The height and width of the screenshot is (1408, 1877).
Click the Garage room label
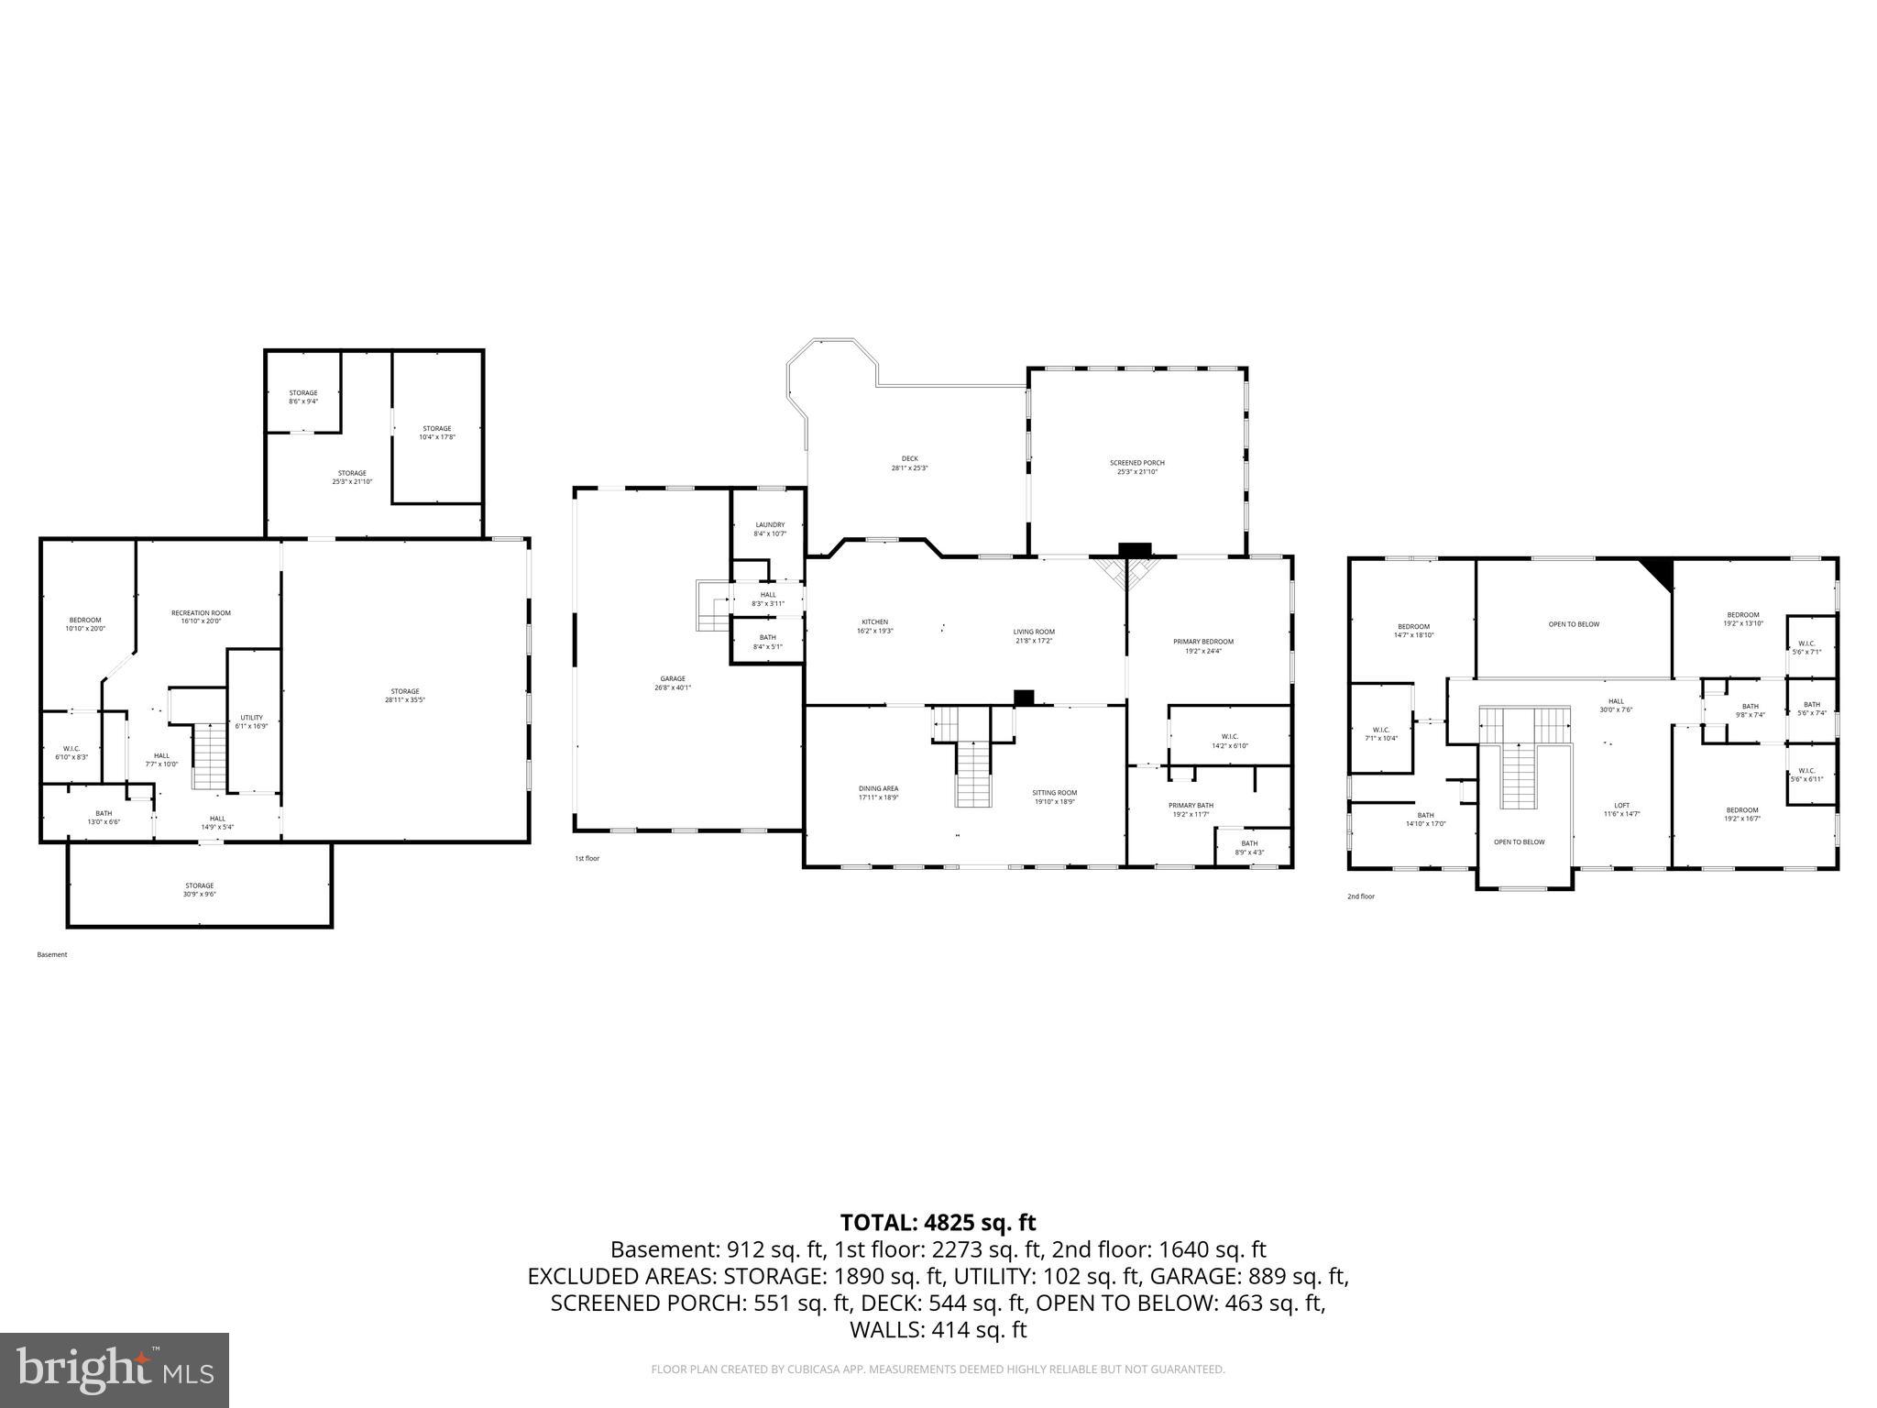672,683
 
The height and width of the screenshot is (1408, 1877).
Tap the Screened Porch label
1136,467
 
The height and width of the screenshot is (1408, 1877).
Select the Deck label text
909,463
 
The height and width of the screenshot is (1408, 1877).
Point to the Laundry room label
770,529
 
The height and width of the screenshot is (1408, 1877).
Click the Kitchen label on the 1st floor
874,626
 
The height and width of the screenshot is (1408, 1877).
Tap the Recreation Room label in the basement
201,617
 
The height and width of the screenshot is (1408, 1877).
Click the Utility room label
252,721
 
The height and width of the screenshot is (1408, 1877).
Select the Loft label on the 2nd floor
1621,809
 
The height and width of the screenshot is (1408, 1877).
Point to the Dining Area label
878,793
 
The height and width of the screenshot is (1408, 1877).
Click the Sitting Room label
1054,797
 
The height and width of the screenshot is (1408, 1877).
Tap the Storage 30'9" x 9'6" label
199,889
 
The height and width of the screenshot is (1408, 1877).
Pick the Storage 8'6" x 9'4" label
303,397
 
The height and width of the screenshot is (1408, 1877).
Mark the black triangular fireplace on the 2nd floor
1660,571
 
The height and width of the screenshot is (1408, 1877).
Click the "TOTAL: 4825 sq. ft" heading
938,1222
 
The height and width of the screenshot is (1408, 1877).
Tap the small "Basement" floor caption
52,954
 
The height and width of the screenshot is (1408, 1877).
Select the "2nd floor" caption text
1360,896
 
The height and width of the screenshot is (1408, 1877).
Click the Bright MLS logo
115,1369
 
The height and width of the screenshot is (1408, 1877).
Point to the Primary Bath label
1191,809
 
